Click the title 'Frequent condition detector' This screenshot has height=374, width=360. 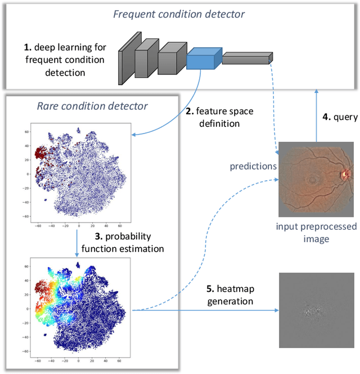(179, 14)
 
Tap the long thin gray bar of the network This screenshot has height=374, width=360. (247, 57)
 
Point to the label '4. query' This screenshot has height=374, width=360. (339, 117)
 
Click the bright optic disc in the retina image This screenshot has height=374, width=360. (344, 175)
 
